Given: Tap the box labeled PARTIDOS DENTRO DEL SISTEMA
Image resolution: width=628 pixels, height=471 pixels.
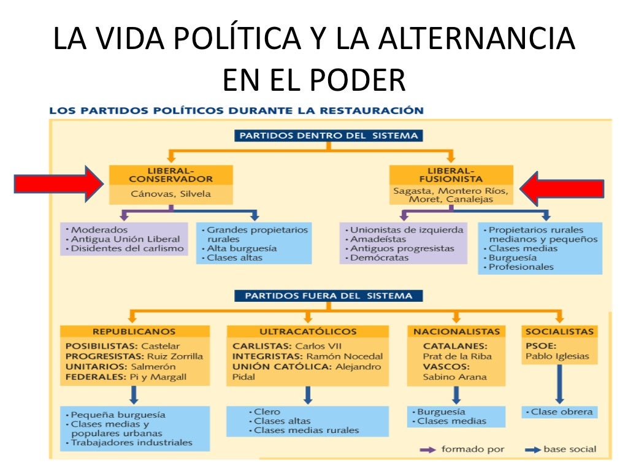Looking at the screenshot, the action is pos(329,135).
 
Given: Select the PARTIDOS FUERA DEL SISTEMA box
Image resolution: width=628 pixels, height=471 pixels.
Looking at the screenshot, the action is pos(329,296).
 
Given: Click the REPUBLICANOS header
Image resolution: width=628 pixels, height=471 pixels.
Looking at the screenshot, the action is pos(134,331).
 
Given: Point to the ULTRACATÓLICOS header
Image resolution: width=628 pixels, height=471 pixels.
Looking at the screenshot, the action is pos(307,331).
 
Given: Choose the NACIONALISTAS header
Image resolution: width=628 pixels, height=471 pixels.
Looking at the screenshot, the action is pos(456,331).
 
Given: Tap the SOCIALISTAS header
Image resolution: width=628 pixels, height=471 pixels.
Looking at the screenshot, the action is pos(559,331).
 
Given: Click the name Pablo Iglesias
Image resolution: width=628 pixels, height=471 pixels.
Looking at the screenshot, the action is pos(557,356).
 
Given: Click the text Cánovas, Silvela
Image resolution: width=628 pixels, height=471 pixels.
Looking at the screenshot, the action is pos(170,194).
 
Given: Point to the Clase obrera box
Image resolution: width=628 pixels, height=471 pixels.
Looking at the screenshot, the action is pos(559,412).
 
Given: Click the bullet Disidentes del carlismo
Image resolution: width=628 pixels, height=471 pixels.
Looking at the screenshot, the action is pos(128,248).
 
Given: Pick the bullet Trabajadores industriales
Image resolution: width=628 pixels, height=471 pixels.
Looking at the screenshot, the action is pos(131,442).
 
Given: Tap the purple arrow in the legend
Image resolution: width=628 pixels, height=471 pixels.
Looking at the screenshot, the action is pos(427,450).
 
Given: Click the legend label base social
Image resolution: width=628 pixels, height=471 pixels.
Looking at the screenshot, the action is pos(569,450).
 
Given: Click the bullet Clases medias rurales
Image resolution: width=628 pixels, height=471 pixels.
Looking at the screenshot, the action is pos(306,431).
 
